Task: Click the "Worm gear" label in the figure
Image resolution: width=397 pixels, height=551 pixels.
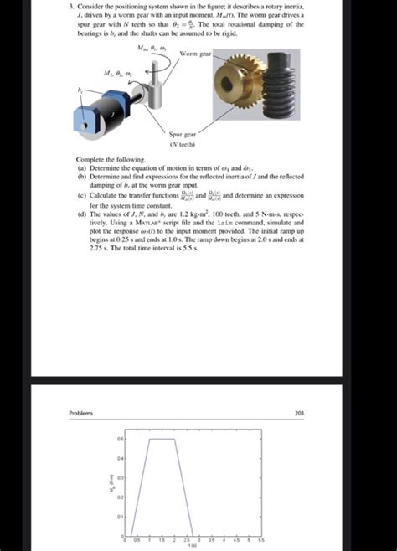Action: coord(194,54)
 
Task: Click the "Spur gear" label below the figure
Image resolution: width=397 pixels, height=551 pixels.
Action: coord(183,133)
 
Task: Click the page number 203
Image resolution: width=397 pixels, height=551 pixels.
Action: coord(299,413)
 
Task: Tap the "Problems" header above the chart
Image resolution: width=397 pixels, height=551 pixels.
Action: coord(81,413)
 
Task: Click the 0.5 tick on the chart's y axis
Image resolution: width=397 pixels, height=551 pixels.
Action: coord(121,439)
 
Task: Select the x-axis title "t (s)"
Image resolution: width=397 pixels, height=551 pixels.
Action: coord(192,546)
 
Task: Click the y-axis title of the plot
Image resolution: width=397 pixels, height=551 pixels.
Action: coord(108,486)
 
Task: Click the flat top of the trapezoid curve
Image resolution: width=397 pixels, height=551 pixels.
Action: coord(162,439)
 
